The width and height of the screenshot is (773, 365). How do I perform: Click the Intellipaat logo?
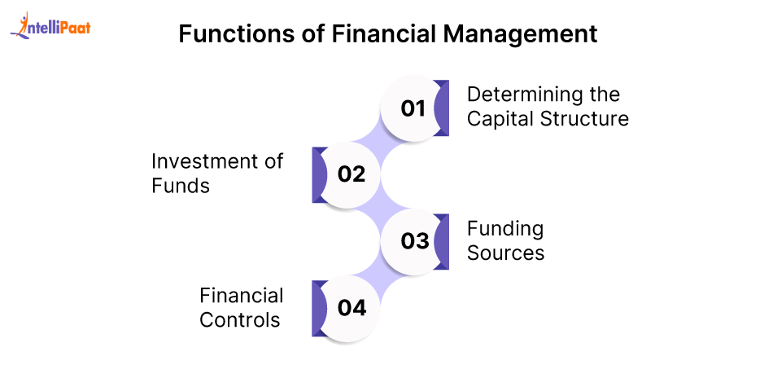(x=50, y=26)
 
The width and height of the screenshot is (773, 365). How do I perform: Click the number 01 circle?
(x=413, y=108)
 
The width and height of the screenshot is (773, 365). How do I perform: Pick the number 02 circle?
(x=351, y=174)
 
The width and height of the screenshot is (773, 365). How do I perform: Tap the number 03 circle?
(x=413, y=241)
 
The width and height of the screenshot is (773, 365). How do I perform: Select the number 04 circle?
(x=351, y=308)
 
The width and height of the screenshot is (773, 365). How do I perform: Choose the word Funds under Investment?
(x=181, y=186)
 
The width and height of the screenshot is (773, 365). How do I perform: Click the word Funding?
(x=505, y=229)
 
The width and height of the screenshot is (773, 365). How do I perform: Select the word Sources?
(x=506, y=253)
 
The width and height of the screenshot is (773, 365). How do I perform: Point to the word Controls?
(x=239, y=320)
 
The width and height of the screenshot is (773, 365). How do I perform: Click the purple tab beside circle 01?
(x=442, y=108)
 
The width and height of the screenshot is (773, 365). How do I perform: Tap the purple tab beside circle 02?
(x=320, y=175)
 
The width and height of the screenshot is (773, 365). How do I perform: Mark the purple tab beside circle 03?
(x=442, y=241)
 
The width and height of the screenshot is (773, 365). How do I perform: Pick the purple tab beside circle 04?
(x=320, y=309)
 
